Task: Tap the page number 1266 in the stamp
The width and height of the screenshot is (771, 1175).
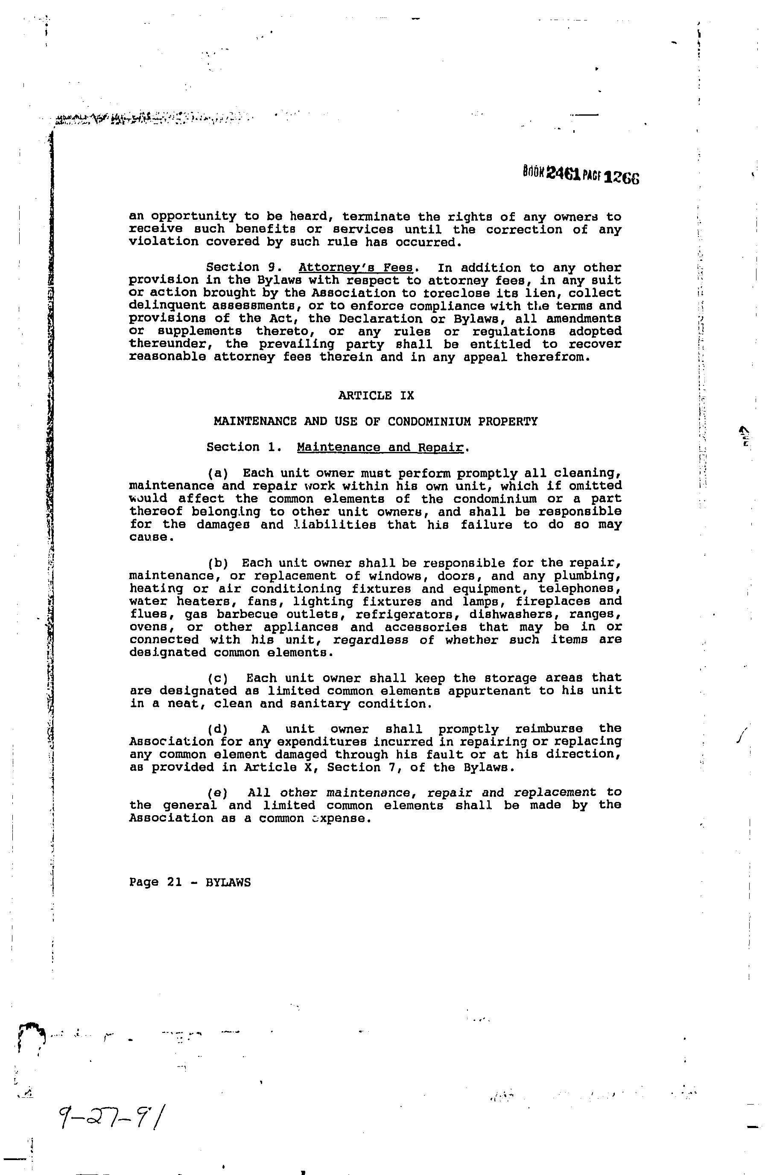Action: [622, 177]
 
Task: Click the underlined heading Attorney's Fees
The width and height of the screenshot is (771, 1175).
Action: [356, 268]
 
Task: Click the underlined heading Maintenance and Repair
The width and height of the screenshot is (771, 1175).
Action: [380, 447]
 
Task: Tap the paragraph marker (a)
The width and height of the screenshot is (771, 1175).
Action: [218, 473]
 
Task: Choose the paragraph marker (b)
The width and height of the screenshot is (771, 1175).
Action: [218, 563]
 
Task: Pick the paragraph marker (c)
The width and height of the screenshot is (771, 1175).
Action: [218, 678]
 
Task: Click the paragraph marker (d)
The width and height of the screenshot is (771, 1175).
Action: [218, 729]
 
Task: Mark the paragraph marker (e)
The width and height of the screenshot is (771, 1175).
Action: [218, 793]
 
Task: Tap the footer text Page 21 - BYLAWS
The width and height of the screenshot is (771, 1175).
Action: [190, 882]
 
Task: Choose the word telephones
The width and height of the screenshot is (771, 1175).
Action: [579, 589]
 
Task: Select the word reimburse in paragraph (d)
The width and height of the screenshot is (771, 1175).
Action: [549, 729]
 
